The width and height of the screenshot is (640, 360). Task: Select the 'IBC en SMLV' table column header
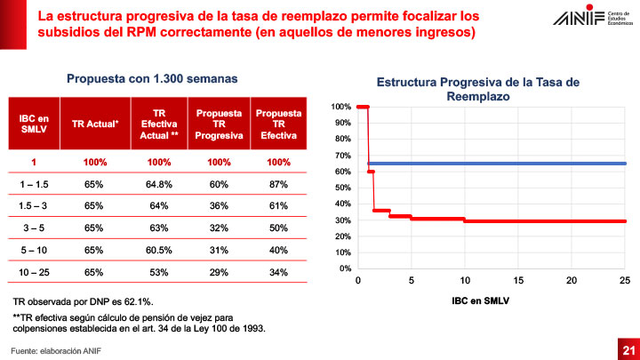click(34, 123)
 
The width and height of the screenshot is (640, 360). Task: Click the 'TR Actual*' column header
click(95, 123)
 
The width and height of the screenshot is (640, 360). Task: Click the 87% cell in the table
click(277, 184)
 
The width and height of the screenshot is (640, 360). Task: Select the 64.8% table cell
click(157, 184)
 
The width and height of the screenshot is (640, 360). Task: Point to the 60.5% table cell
click(157, 250)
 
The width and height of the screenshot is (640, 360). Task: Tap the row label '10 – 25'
click(34, 271)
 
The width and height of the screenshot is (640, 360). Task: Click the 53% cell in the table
click(157, 271)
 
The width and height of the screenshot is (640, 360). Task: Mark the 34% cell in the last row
click(277, 271)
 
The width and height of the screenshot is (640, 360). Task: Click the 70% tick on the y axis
click(340, 156)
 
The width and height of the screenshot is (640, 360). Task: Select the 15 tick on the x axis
click(517, 280)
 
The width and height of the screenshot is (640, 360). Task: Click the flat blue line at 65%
click(498, 164)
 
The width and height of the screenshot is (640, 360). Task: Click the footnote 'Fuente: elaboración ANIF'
click(55, 349)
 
